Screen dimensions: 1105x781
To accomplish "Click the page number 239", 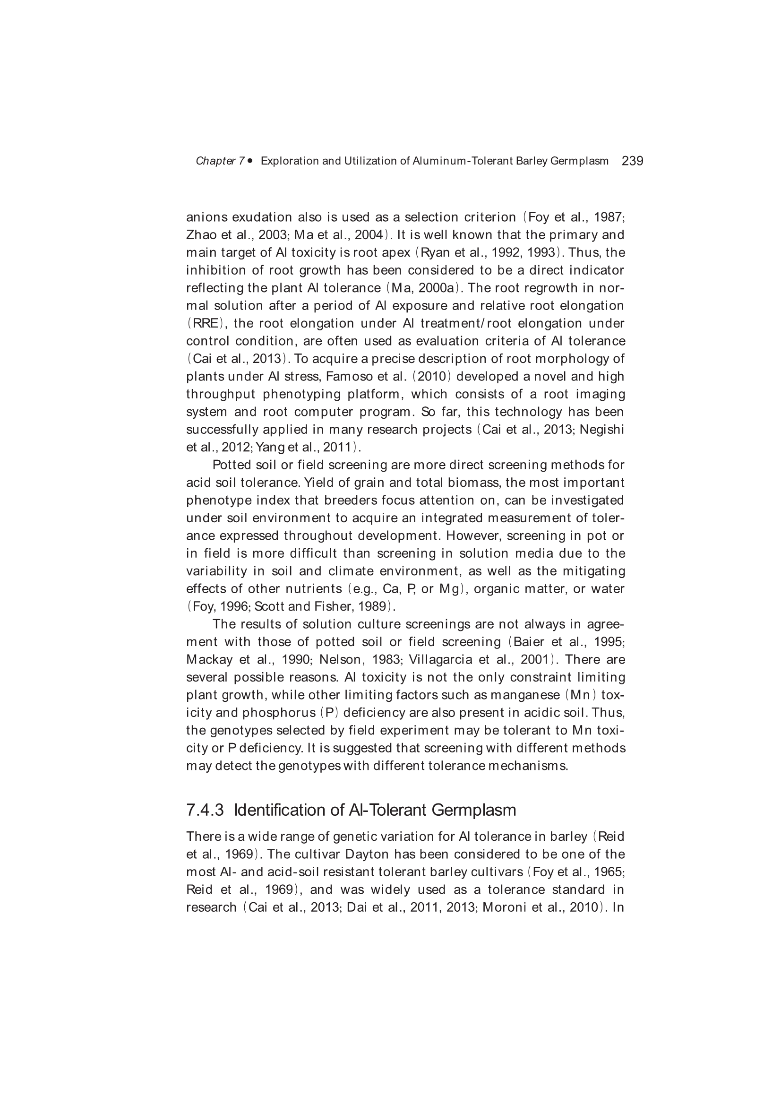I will [632, 161].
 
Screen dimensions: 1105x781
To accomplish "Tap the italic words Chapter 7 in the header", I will [220, 161].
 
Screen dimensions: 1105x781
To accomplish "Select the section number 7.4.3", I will [205, 810].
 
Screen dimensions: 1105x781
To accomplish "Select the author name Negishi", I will [601, 429].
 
